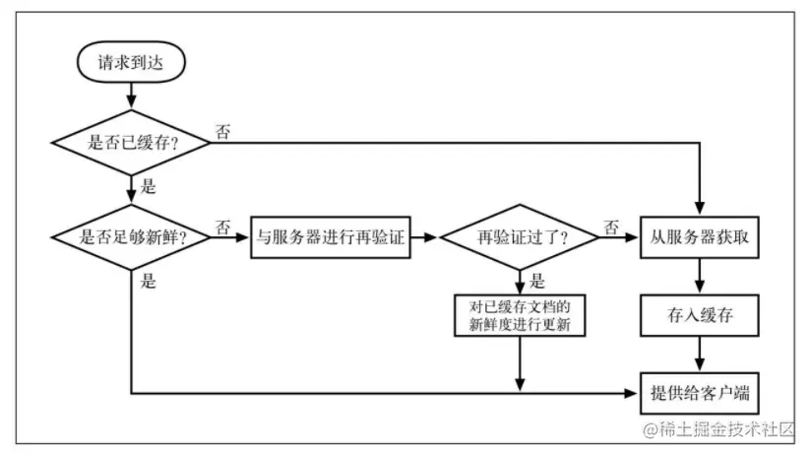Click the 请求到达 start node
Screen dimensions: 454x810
pyautogui.click(x=129, y=61)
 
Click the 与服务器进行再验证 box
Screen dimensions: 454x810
pyautogui.click(x=330, y=237)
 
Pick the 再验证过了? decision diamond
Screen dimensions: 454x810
pyautogui.click(x=519, y=237)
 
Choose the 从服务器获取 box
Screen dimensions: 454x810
pyautogui.click(x=700, y=237)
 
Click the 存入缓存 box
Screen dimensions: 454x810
pyautogui.click(x=700, y=316)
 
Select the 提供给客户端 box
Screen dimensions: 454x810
pyautogui.click(x=700, y=393)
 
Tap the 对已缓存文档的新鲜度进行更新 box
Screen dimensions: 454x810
pyautogui.click(x=520, y=316)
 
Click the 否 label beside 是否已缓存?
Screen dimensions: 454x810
pyautogui.click(x=223, y=131)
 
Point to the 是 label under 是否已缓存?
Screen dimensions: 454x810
pyautogui.click(x=150, y=185)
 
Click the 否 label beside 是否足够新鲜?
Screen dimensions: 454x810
pyautogui.click(x=223, y=227)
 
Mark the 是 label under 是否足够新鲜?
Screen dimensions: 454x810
pyautogui.click(x=149, y=282)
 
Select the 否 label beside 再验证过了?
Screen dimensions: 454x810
pyautogui.click(x=611, y=227)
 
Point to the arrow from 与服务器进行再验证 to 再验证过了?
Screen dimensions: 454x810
pyautogui.click(x=424, y=237)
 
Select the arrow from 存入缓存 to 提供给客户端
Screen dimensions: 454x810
pyautogui.click(x=700, y=355)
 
